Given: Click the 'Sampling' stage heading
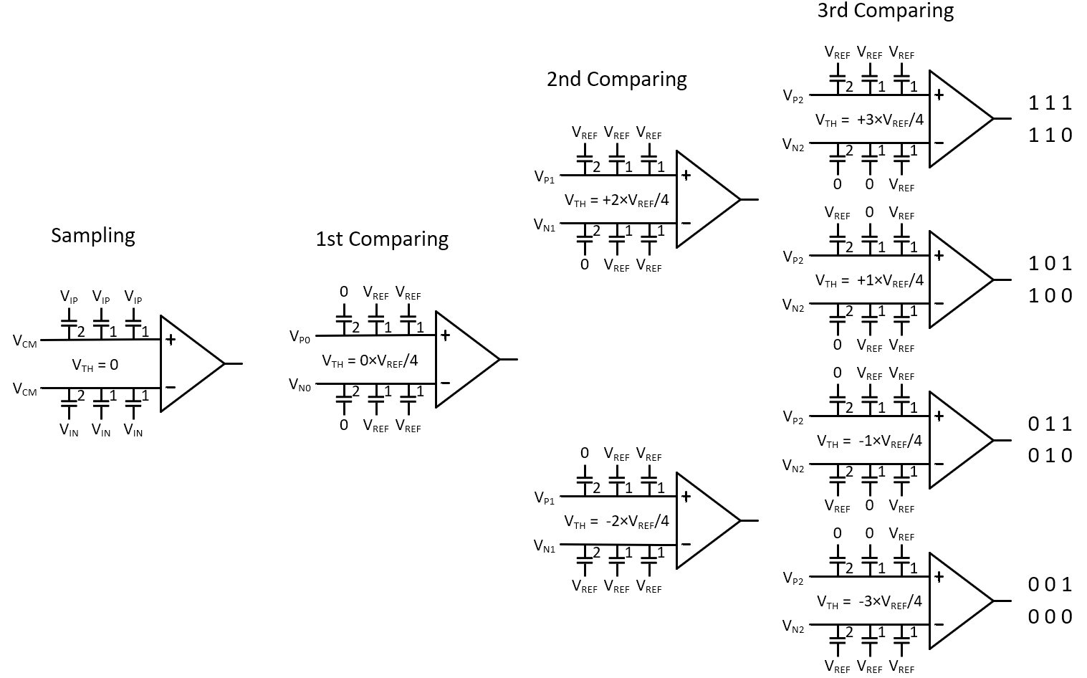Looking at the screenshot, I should tap(93, 235).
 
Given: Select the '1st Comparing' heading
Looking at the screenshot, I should tap(382, 239).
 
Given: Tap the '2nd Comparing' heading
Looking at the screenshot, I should tap(616, 79).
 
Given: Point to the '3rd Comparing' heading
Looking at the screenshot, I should tap(885, 11).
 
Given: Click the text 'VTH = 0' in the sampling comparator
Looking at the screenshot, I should tap(95, 365).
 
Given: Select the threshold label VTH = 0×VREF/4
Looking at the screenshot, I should tap(370, 361).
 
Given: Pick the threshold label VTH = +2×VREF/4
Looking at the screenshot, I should tap(616, 200).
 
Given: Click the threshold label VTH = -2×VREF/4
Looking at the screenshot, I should tap(616, 521).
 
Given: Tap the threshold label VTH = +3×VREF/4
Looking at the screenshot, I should tap(869, 120).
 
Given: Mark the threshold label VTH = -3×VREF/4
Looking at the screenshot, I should tap(869, 601).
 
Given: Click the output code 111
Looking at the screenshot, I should tap(1050, 103).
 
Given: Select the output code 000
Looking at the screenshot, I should tap(1050, 617).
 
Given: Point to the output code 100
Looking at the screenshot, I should tap(1050, 295).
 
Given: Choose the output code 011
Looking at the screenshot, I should tap(1050, 424).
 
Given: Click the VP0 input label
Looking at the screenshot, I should tap(300, 336).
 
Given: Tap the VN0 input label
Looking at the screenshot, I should tap(300, 385).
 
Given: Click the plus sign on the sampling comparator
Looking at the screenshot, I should tap(171, 339).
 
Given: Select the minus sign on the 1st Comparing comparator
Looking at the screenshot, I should tap(445, 383).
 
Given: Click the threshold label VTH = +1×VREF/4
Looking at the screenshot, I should tap(869, 280).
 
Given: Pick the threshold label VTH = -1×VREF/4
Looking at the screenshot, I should tap(869, 441).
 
